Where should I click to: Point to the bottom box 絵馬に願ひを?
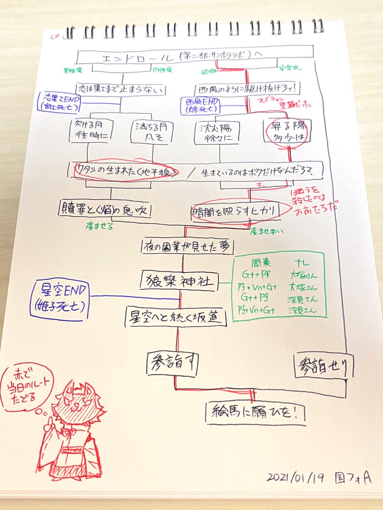click(255, 412)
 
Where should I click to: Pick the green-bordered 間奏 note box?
click(279, 285)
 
